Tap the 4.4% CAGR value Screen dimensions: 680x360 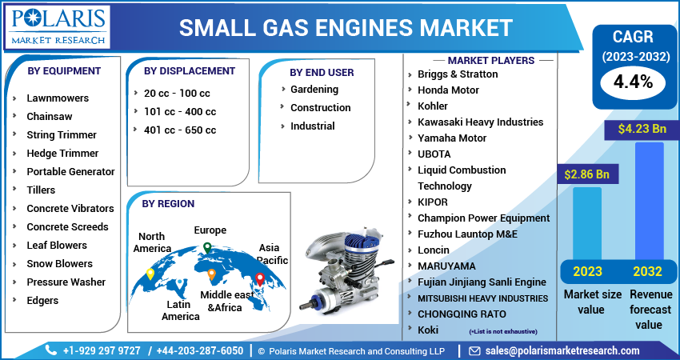point(633,82)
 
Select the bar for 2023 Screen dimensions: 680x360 point(586,223)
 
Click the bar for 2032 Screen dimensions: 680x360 point(650,201)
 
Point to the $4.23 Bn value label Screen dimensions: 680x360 point(642,129)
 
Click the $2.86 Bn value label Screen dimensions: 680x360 point(586,174)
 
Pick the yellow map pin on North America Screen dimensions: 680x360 point(150,274)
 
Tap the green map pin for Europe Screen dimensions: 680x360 point(208,248)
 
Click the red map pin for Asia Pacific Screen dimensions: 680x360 point(260,279)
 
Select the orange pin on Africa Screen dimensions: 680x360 point(212,274)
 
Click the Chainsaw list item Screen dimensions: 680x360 point(50,116)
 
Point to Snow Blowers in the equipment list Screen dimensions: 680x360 point(59,263)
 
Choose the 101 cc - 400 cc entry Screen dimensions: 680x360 point(180,111)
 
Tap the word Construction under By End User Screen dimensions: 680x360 point(321,107)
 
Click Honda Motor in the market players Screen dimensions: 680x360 point(448,90)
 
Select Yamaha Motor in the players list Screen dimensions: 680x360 point(452,138)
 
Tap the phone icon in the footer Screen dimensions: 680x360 point(51,350)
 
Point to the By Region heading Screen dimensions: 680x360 point(168,203)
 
